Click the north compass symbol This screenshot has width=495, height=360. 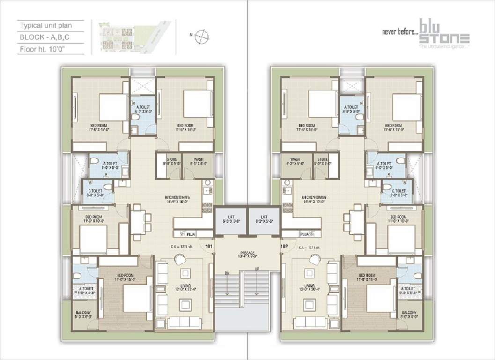[x=202, y=36]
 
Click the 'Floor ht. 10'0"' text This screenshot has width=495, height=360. [x=43, y=48]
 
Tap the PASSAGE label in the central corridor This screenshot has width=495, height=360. [x=247, y=254]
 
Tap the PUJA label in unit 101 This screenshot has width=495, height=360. [x=191, y=233]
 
